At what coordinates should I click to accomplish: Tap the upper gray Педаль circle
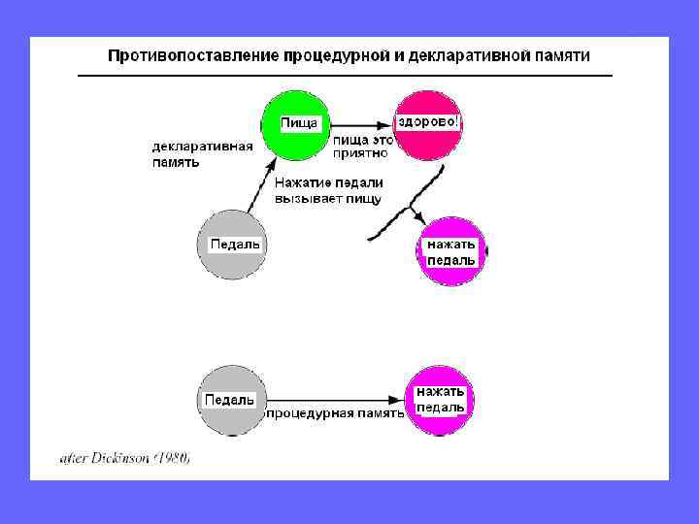click(x=231, y=245)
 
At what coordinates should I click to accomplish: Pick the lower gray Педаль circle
click(x=230, y=399)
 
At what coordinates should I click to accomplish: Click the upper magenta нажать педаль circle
click(x=451, y=251)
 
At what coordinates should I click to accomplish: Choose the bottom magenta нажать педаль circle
click(x=439, y=399)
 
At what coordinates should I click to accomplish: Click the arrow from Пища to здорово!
click(x=359, y=125)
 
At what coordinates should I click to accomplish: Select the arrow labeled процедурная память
click(x=335, y=399)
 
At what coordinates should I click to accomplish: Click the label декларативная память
click(x=202, y=154)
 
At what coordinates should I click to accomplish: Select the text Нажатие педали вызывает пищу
click(x=328, y=190)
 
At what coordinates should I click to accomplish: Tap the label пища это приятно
click(x=362, y=146)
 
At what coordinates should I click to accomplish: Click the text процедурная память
click(x=334, y=412)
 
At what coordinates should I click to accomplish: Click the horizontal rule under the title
click(x=345, y=75)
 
